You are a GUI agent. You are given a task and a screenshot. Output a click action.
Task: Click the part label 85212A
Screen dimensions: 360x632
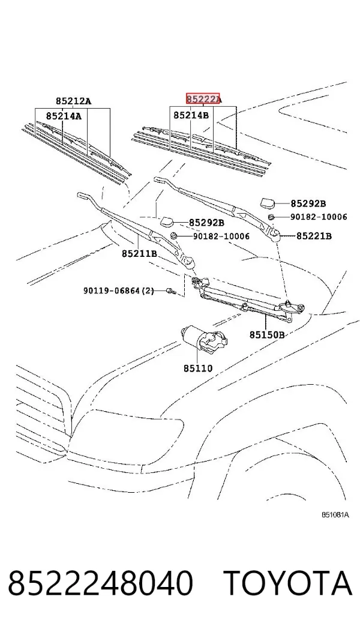tap(73, 101)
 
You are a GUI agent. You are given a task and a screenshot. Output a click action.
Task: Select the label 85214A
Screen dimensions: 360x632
tap(64, 116)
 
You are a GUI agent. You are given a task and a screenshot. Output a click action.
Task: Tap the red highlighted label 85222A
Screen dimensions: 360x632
tap(204, 99)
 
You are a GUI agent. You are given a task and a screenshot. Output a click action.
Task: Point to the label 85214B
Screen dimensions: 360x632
tap(191, 115)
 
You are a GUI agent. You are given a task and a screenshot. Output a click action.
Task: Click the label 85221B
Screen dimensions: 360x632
tap(314, 236)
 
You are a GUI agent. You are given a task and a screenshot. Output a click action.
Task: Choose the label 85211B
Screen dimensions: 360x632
tap(139, 253)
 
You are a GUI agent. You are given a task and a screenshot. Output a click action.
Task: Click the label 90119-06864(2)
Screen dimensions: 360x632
tap(119, 290)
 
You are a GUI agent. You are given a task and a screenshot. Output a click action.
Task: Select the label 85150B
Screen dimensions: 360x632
tap(267, 334)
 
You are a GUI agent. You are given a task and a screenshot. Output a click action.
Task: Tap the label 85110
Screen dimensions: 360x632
tap(198, 368)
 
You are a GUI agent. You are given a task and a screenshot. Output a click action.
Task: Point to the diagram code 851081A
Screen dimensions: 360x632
tap(335, 515)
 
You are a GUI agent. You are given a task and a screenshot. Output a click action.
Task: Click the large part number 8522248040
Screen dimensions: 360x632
tap(100, 583)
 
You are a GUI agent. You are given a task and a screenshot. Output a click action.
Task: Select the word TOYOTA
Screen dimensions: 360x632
tap(288, 583)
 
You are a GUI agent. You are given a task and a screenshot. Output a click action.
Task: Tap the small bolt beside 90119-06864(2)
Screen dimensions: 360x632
tap(170, 290)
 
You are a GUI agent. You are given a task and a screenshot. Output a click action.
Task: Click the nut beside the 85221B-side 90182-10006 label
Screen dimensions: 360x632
tap(272, 217)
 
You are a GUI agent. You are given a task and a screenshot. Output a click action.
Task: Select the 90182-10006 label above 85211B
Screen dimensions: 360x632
tap(221, 236)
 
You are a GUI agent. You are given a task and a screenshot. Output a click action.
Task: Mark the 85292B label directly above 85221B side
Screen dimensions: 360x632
tap(308, 203)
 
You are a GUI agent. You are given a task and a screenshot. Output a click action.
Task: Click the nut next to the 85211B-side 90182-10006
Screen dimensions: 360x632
tap(174, 235)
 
